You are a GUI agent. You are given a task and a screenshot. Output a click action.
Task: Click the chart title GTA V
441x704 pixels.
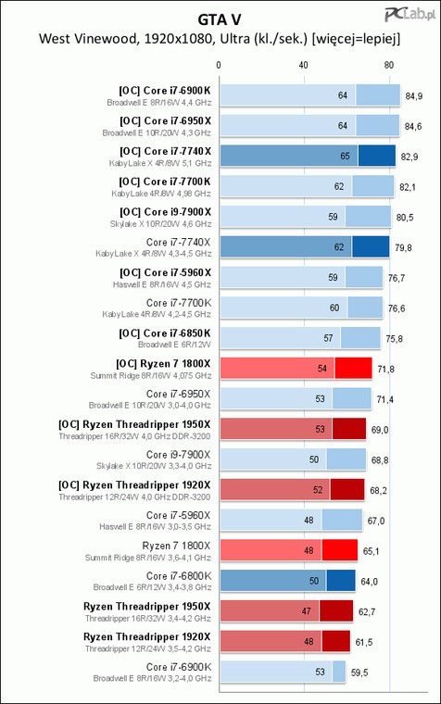pos(220,19)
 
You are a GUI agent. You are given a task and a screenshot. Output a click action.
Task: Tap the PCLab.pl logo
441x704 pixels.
pos(410,15)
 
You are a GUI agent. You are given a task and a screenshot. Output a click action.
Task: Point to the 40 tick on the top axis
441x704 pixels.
pos(304,65)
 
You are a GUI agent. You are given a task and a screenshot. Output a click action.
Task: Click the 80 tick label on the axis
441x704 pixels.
pos(389,65)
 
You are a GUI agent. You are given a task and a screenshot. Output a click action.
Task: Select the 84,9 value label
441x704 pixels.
pos(413,96)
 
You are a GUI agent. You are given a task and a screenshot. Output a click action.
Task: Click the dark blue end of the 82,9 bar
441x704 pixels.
pos(377,156)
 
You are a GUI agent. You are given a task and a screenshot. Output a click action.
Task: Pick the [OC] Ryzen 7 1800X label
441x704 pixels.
pos(163,364)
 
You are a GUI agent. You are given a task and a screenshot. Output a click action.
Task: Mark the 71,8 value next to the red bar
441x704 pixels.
pos(385,369)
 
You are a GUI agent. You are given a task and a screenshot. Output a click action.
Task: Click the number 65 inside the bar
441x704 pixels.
pos(345,156)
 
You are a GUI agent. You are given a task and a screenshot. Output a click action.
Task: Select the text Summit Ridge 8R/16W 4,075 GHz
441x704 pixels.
pos(150,375)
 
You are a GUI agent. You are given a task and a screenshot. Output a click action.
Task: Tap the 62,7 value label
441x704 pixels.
pos(367,611)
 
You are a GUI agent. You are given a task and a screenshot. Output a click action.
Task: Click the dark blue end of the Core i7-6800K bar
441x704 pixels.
pos(341,581)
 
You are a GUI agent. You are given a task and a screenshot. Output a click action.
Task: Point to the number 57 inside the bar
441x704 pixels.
pos(328,338)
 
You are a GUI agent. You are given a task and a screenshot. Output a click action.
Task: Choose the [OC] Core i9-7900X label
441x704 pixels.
pos(165,212)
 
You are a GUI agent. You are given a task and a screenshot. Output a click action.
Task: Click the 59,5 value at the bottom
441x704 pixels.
pos(359,673)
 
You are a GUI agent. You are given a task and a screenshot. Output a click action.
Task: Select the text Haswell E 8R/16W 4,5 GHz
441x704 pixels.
pos(162,284)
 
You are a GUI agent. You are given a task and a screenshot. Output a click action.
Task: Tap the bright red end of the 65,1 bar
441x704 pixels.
pos(340,550)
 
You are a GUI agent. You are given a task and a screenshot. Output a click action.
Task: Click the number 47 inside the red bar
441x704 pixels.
pos(307,611)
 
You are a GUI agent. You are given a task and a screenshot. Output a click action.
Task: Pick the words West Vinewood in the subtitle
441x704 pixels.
pos(88,39)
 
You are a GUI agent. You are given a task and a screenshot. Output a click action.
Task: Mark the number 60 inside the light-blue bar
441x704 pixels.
pos(334,308)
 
